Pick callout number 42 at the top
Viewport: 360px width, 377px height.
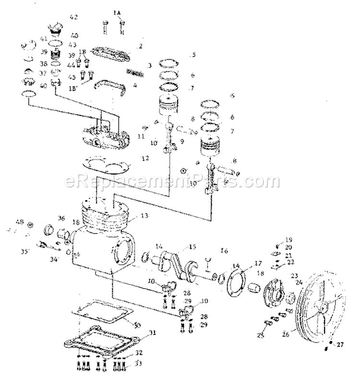(73, 17)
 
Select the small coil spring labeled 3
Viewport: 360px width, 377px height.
(135, 72)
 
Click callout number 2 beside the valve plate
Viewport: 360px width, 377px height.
(140, 47)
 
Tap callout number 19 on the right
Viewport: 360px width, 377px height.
(289, 239)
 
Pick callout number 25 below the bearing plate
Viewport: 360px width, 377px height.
(262, 333)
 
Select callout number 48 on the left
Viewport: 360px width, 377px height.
(20, 222)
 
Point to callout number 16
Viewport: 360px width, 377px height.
(224, 250)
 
